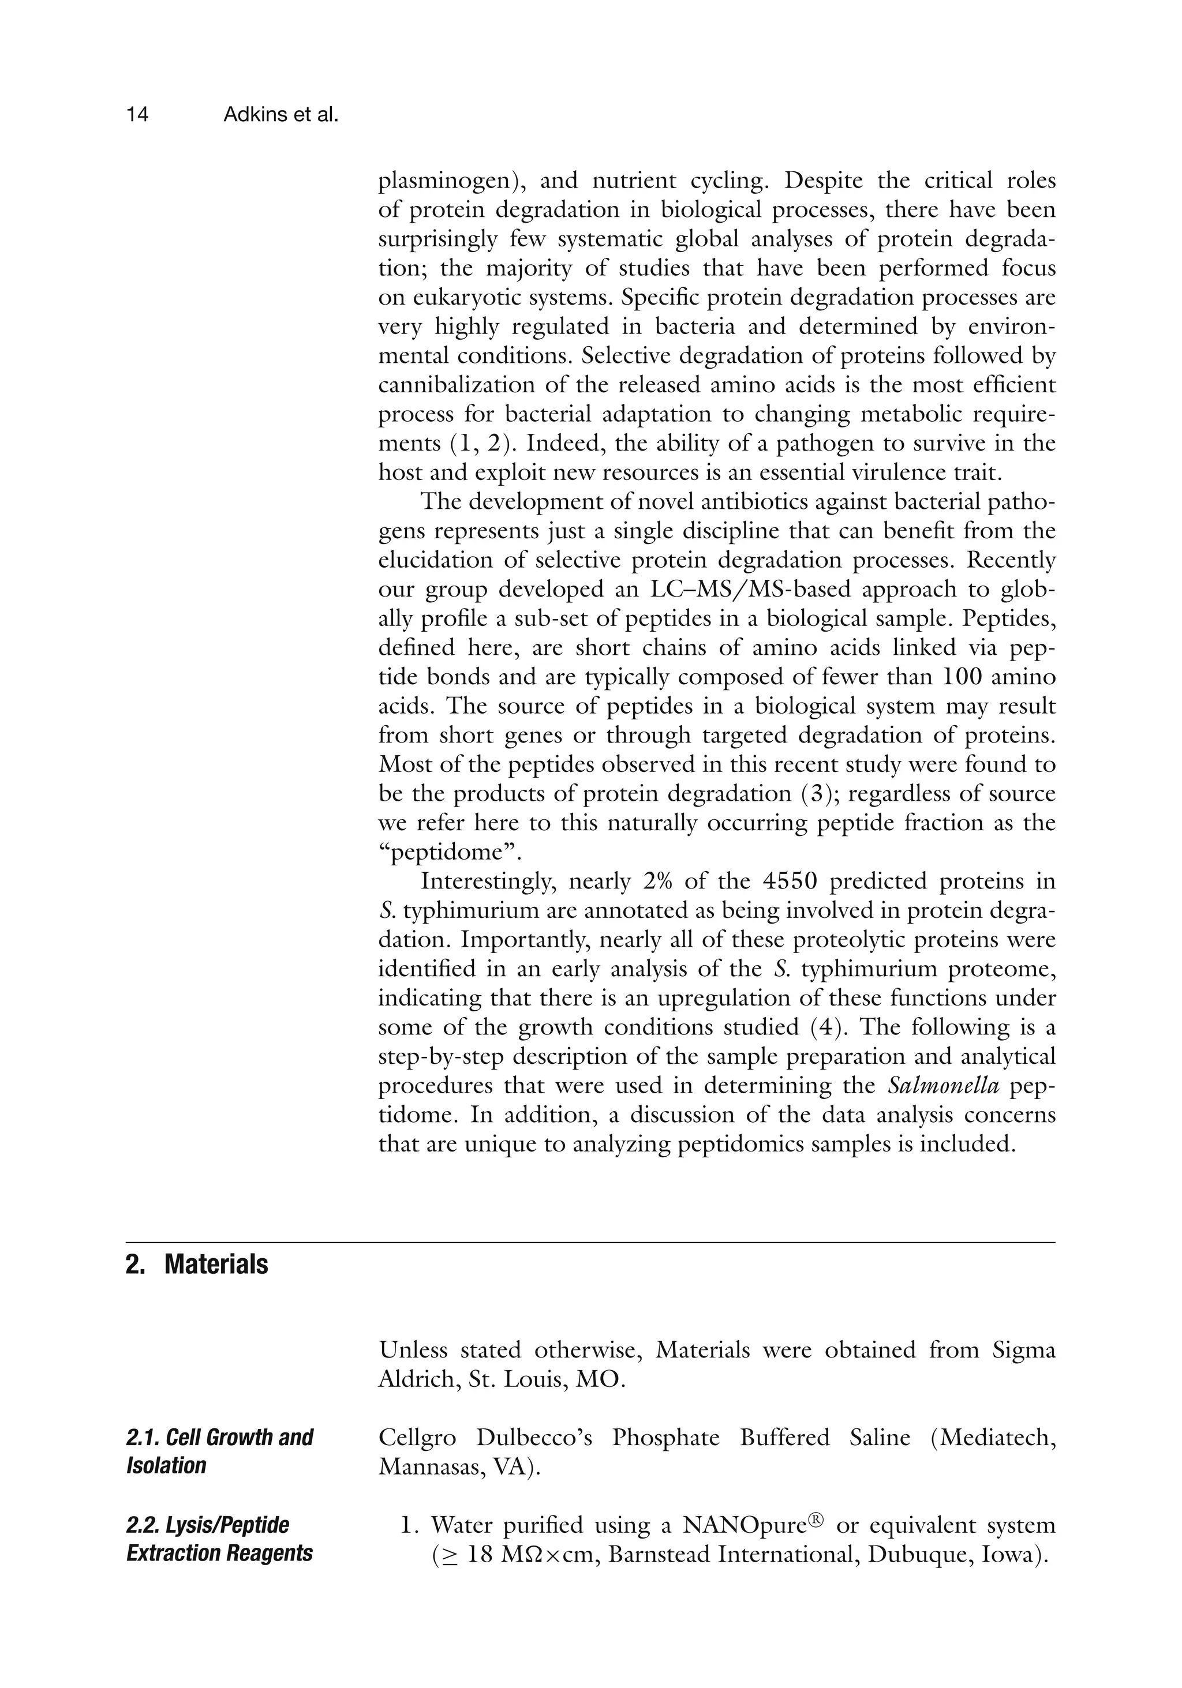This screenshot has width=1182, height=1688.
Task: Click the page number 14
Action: pyautogui.click(x=137, y=115)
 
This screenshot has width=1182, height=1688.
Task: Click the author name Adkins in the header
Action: pyautogui.click(x=257, y=115)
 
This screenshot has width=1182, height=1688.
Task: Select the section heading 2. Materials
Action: pyautogui.click(x=197, y=1265)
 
